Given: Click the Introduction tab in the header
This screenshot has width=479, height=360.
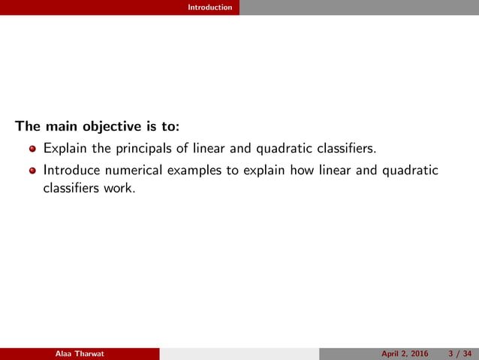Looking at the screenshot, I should tap(210, 8).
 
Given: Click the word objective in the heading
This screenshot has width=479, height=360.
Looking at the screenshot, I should tap(107, 126).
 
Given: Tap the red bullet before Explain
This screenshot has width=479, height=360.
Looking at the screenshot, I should tap(32, 149).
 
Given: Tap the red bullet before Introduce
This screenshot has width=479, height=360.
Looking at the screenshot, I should tap(32, 171).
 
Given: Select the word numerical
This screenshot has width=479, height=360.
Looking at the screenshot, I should tap(135, 171).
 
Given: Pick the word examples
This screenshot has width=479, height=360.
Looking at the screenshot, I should tap(195, 171).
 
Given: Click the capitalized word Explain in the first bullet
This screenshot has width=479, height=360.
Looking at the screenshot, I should tap(65, 149).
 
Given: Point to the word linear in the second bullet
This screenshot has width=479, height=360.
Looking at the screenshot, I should tap(333, 171).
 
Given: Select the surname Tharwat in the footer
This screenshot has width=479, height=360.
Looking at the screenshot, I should tap(89, 354).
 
